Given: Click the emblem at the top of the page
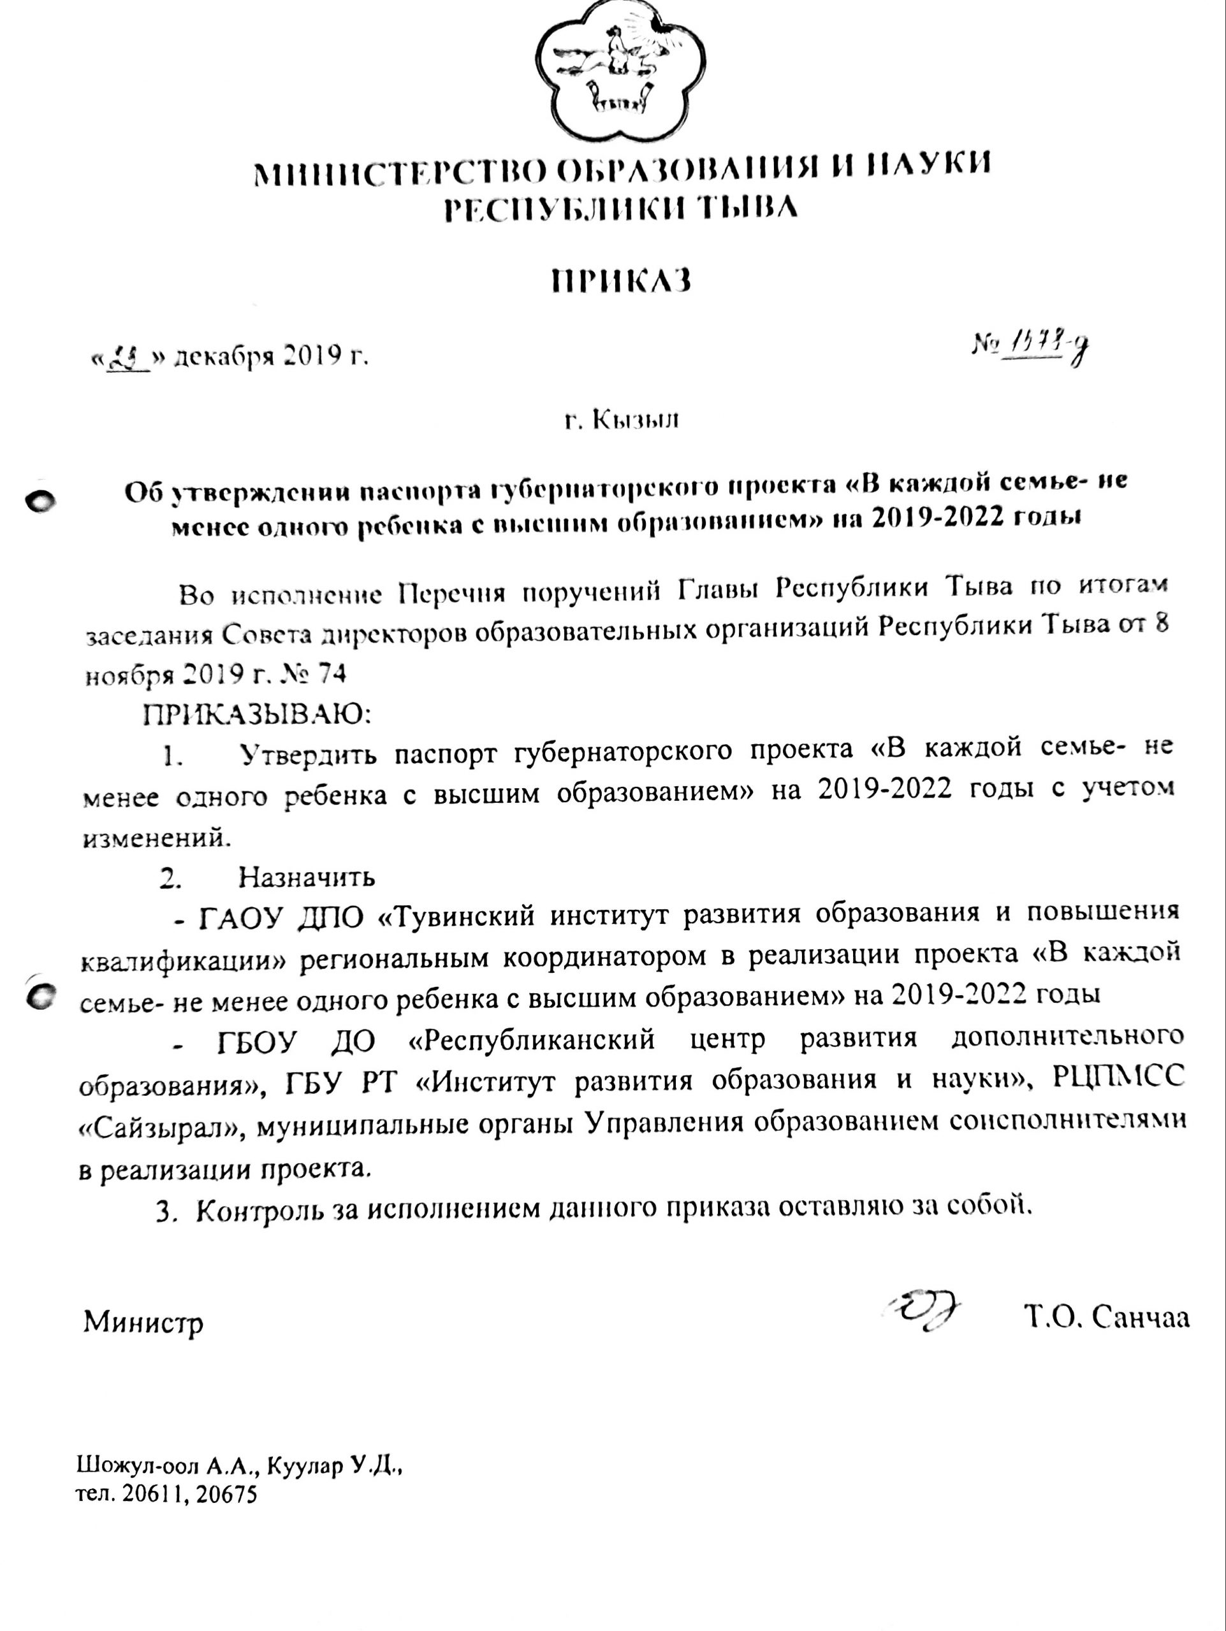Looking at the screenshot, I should (621, 70).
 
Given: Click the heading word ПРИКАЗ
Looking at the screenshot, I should (621, 280).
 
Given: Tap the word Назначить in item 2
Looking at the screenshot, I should (306, 877).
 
